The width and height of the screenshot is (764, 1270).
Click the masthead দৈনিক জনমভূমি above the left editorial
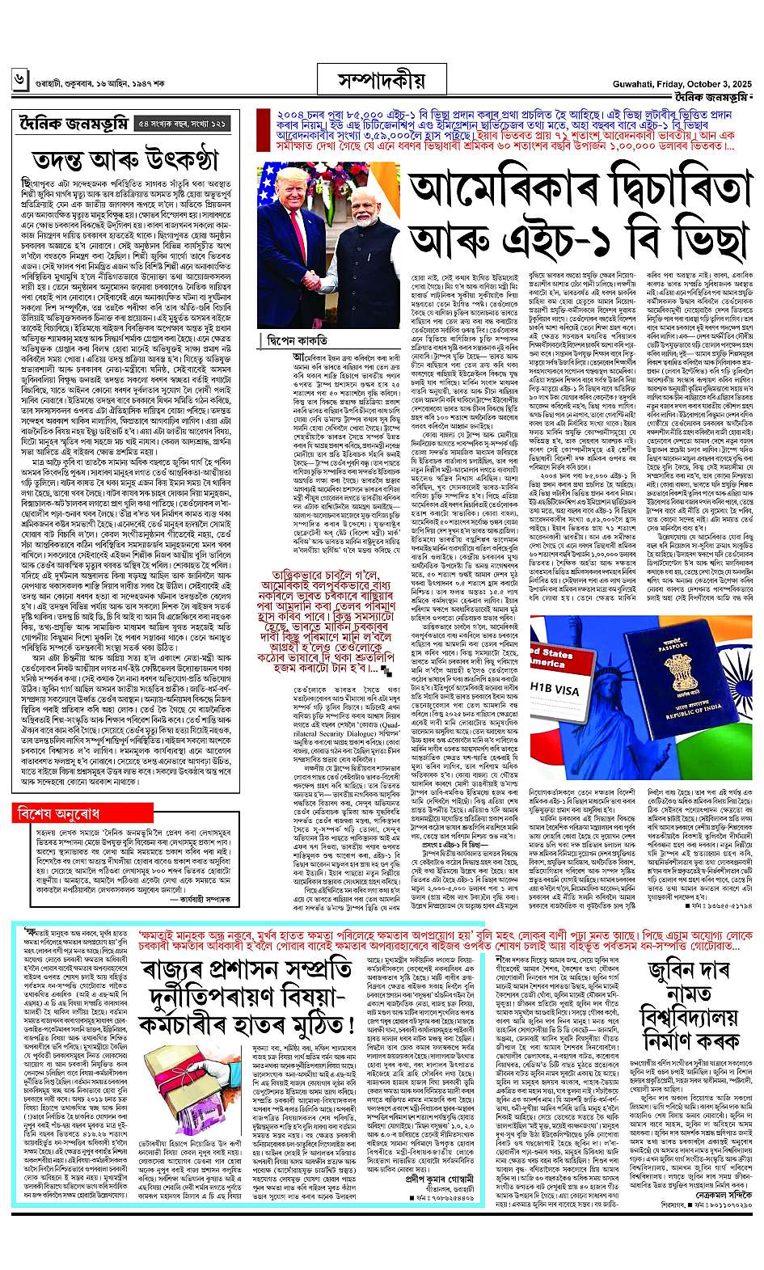point(71,124)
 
